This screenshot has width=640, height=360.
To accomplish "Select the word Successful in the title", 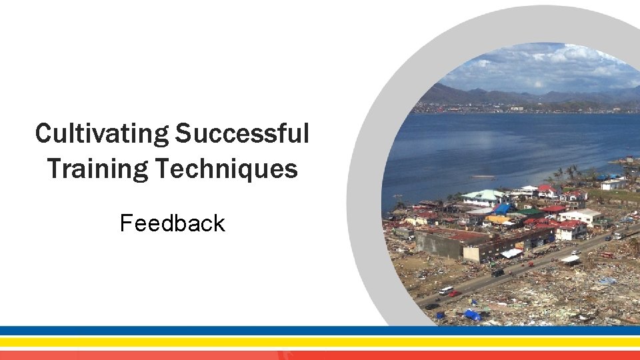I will click(242, 134).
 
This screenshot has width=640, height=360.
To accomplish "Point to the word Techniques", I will click(227, 169).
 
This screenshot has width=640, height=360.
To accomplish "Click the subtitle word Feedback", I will click(172, 223).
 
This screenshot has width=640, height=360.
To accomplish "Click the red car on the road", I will click(455, 293).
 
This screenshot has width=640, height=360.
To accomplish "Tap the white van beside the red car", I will click(445, 290).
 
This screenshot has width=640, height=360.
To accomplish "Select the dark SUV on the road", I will click(497, 272).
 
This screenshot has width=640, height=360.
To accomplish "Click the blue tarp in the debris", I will click(472, 315).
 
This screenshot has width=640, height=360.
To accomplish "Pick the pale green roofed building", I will click(485, 196).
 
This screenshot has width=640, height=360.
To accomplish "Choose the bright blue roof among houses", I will click(503, 209).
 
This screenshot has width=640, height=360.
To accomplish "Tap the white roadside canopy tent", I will click(512, 253).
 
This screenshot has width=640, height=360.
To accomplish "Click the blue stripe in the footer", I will click(320, 331).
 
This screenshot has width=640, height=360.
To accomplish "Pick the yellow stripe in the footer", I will click(320, 341).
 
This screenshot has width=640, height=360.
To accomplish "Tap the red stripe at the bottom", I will click(320, 355).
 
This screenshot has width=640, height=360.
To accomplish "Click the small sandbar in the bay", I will click(483, 177).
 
